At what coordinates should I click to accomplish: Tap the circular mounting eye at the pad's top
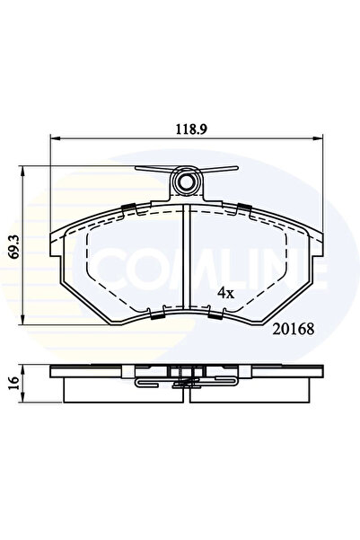click(187, 183)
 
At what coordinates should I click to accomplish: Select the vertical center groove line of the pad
click(186, 261)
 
